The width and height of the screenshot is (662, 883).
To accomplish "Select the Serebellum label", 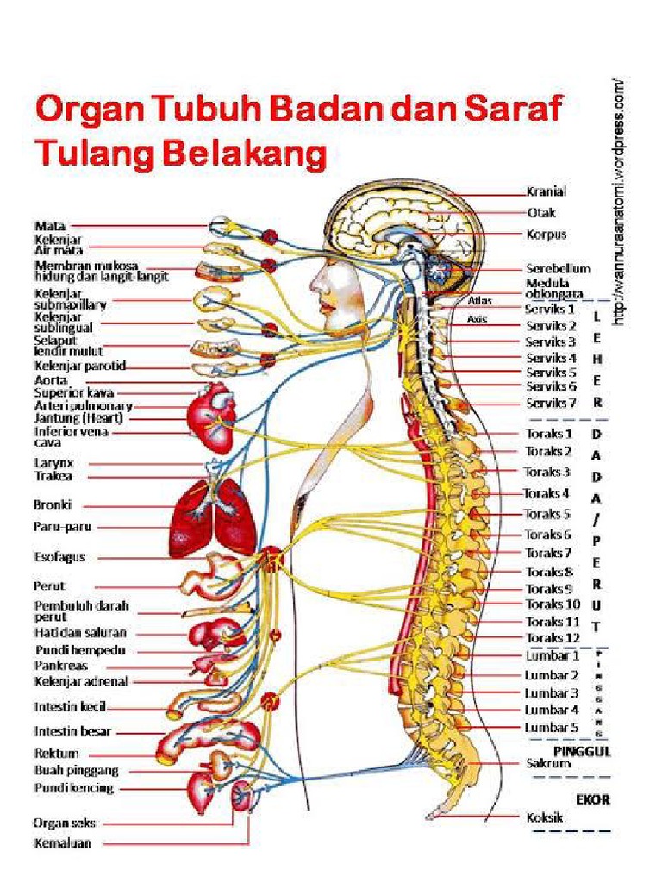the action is [558, 268].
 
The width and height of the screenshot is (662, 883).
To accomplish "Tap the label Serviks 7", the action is [551, 403].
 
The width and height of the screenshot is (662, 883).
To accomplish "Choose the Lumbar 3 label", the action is [551, 692].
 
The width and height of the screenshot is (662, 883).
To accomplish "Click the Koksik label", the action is [545, 817].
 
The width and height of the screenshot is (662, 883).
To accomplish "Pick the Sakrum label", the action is [548, 763].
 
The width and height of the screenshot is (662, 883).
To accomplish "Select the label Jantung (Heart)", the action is [78, 418].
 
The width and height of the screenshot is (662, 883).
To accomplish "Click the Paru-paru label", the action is [63, 526].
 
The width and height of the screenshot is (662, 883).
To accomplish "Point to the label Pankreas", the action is [61, 666].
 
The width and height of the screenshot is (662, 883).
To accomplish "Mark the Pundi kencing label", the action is [74, 788].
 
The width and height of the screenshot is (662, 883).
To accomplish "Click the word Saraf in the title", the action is [515, 110].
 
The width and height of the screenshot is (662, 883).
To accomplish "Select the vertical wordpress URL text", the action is [618, 202].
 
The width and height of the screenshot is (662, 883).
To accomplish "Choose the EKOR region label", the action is [594, 799].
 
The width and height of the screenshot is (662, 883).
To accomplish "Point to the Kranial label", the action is [546, 191].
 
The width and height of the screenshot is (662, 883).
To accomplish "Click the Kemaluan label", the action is [63, 842].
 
